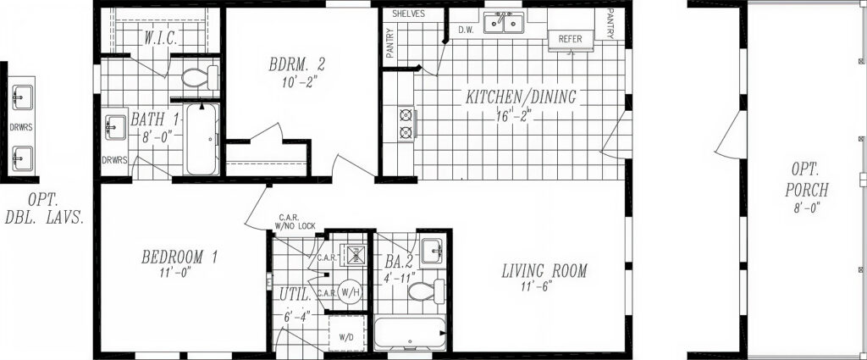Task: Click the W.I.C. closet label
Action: pyautogui.click(x=161, y=39)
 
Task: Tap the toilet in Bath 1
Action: pyautogui.click(x=200, y=78)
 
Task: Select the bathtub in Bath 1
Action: pyautogui.click(x=202, y=140)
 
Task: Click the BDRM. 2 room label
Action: pyautogui.click(x=297, y=64)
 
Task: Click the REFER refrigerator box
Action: pyautogui.click(x=571, y=41)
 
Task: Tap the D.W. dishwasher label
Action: pyautogui.click(x=464, y=30)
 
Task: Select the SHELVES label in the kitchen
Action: pyautogui.click(x=409, y=14)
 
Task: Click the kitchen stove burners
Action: pyautogui.click(x=407, y=124)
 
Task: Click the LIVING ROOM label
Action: pyautogui.click(x=544, y=272)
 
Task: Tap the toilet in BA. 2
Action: pyautogui.click(x=426, y=291)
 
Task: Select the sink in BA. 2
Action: pyautogui.click(x=432, y=251)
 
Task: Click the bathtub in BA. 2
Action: pyautogui.click(x=411, y=334)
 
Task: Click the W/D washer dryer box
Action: pyautogui.click(x=347, y=334)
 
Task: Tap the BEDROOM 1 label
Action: pyautogui.click(x=179, y=258)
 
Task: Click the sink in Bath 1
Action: pyautogui.click(x=115, y=128)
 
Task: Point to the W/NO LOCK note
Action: pyautogui.click(x=295, y=225)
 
